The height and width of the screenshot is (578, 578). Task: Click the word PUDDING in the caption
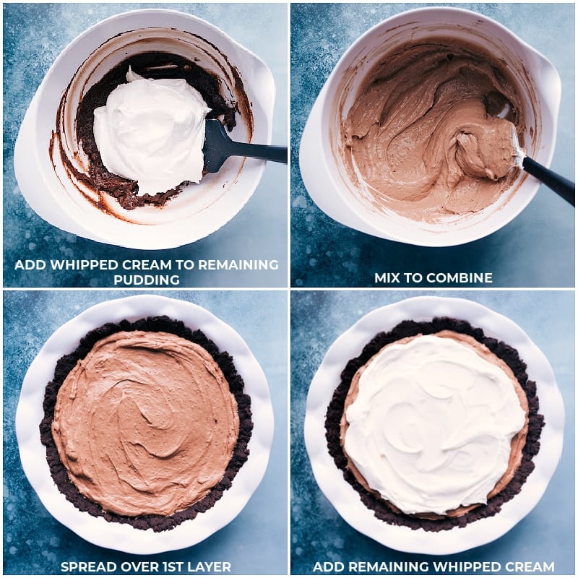[x=147, y=279]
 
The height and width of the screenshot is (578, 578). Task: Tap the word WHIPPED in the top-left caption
[x=78, y=264]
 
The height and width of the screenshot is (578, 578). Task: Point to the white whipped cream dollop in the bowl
[x=152, y=130]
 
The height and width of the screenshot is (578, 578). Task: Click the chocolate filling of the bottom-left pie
[x=145, y=420]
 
